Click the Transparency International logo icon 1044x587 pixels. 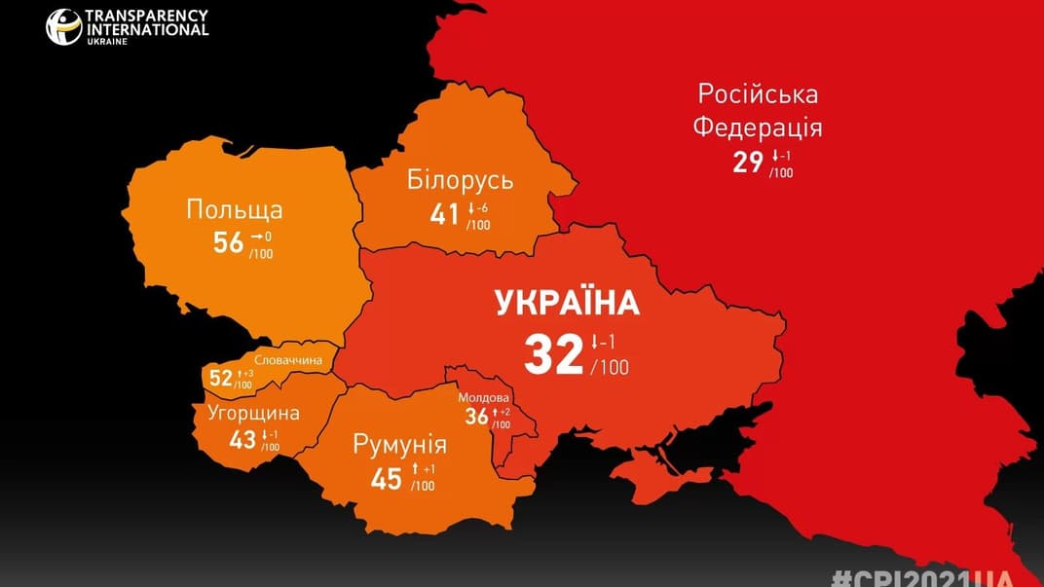point(63,25)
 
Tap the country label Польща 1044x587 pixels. point(235,209)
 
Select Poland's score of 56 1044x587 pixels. point(228,242)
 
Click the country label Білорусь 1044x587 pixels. point(460,181)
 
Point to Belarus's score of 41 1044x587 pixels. point(445,213)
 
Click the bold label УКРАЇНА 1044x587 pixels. point(568,303)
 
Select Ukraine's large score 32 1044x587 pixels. point(553,354)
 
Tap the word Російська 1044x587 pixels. point(758,94)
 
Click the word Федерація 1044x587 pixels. point(757,128)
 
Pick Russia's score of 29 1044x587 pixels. point(748,162)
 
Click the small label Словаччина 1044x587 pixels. point(289,360)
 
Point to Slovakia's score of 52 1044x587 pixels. point(221,379)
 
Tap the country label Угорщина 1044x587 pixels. point(253,413)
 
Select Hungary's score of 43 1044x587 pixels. point(242,440)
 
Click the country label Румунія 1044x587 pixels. point(400,446)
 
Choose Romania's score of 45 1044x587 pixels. point(387,479)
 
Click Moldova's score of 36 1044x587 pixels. point(475,417)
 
